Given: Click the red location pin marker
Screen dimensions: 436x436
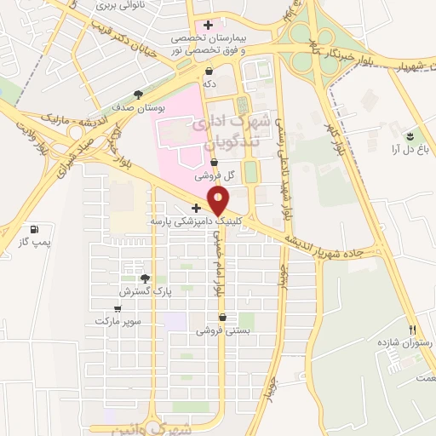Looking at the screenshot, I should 220,202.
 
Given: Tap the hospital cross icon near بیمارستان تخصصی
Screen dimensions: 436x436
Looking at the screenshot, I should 208,25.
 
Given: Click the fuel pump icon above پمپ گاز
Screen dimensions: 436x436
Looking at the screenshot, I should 34,230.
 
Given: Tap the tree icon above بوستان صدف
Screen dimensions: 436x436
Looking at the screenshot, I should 139,95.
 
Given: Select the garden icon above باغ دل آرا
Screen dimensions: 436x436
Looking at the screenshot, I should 410,135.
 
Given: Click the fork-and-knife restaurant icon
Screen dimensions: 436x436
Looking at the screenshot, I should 413,330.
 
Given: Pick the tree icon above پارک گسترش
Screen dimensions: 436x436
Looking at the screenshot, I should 145,278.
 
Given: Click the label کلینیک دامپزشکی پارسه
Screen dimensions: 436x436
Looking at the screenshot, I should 187,221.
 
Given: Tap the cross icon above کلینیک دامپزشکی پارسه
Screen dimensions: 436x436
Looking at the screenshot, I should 196,208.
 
